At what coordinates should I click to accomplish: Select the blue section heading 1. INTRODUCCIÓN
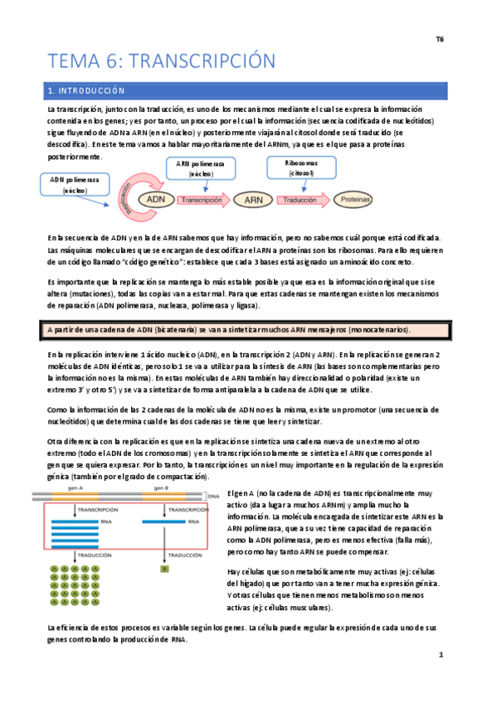pyautogui.click(x=85, y=90)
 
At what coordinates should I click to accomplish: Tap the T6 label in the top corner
pyautogui.click(x=440, y=39)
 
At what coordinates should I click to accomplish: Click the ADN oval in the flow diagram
pyautogui.click(x=155, y=200)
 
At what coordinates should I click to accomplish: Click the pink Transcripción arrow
pyautogui.click(x=204, y=200)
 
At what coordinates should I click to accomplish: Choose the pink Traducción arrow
pyautogui.click(x=302, y=200)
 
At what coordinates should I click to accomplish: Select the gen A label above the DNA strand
pyautogui.click(x=78, y=489)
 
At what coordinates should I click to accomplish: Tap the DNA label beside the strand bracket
pyautogui.click(x=214, y=496)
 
